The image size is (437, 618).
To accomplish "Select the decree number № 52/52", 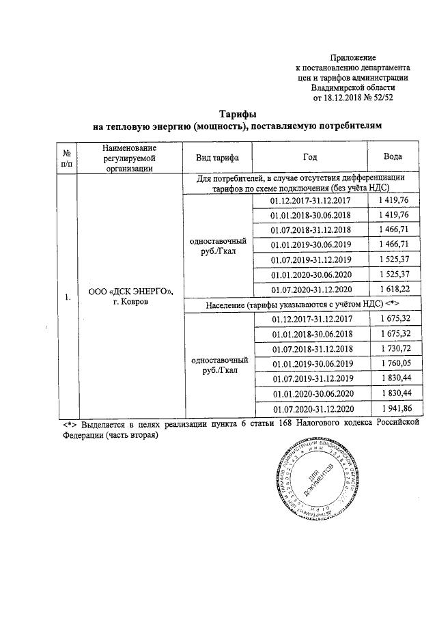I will click(375, 98).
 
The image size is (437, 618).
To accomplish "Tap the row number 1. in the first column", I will click(66, 297).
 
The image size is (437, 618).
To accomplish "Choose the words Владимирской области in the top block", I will click(352, 87).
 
